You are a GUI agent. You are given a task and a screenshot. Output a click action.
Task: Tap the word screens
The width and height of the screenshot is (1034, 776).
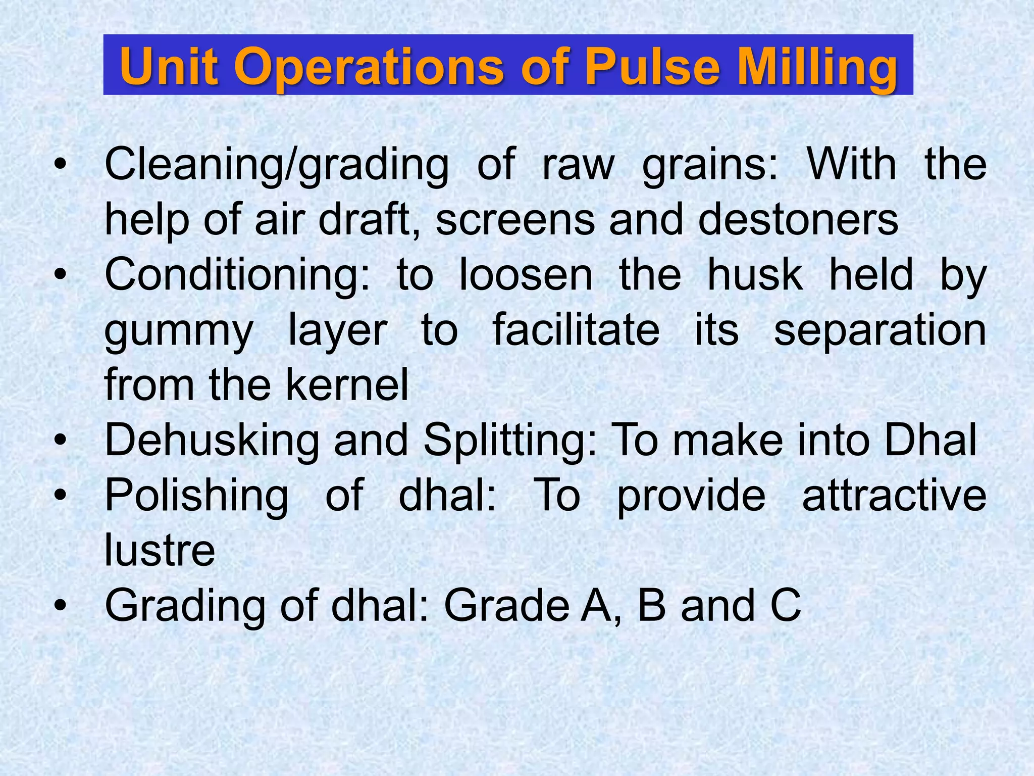[x=515, y=221]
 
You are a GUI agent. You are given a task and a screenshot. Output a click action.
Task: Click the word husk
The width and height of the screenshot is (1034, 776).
[x=755, y=275]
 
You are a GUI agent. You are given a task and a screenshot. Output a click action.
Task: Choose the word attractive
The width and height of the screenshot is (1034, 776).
[x=894, y=495]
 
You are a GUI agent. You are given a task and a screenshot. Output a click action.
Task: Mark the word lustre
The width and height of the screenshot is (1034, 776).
[x=160, y=550]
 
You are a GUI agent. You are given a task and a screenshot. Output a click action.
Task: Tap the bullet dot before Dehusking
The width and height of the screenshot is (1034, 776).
[x=60, y=441]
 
